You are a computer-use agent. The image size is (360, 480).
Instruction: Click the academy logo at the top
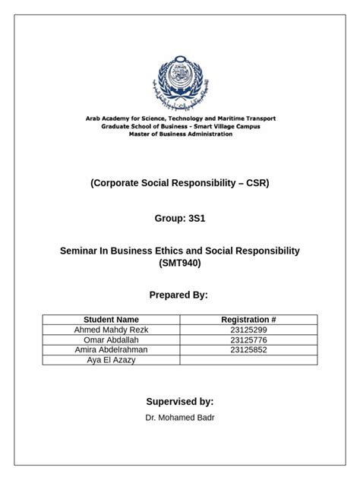(179, 82)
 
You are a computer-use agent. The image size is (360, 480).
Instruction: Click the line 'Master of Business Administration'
(179, 134)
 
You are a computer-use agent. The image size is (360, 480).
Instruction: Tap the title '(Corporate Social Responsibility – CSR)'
(179, 183)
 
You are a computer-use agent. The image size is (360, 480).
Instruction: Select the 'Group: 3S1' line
(179, 218)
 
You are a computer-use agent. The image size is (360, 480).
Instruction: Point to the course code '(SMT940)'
(179, 263)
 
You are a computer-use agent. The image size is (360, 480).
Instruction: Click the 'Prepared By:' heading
(179, 295)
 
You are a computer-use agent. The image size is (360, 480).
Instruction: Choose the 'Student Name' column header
(111, 320)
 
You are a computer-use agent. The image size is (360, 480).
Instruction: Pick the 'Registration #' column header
(248, 320)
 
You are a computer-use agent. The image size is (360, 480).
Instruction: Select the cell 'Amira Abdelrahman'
(111, 350)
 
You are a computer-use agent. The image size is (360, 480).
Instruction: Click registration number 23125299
(248, 330)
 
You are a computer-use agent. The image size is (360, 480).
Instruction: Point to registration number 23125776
(248, 340)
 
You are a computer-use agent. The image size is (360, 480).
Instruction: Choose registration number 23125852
(248, 350)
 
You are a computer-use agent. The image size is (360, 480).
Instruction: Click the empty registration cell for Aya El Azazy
(248, 360)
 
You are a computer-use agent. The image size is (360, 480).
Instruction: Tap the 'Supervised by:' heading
(179, 401)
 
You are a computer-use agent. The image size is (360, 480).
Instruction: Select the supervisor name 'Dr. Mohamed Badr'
(179, 418)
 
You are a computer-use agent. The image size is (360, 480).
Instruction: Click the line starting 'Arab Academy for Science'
(179, 118)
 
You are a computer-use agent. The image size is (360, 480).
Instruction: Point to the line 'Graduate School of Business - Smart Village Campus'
(179, 126)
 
